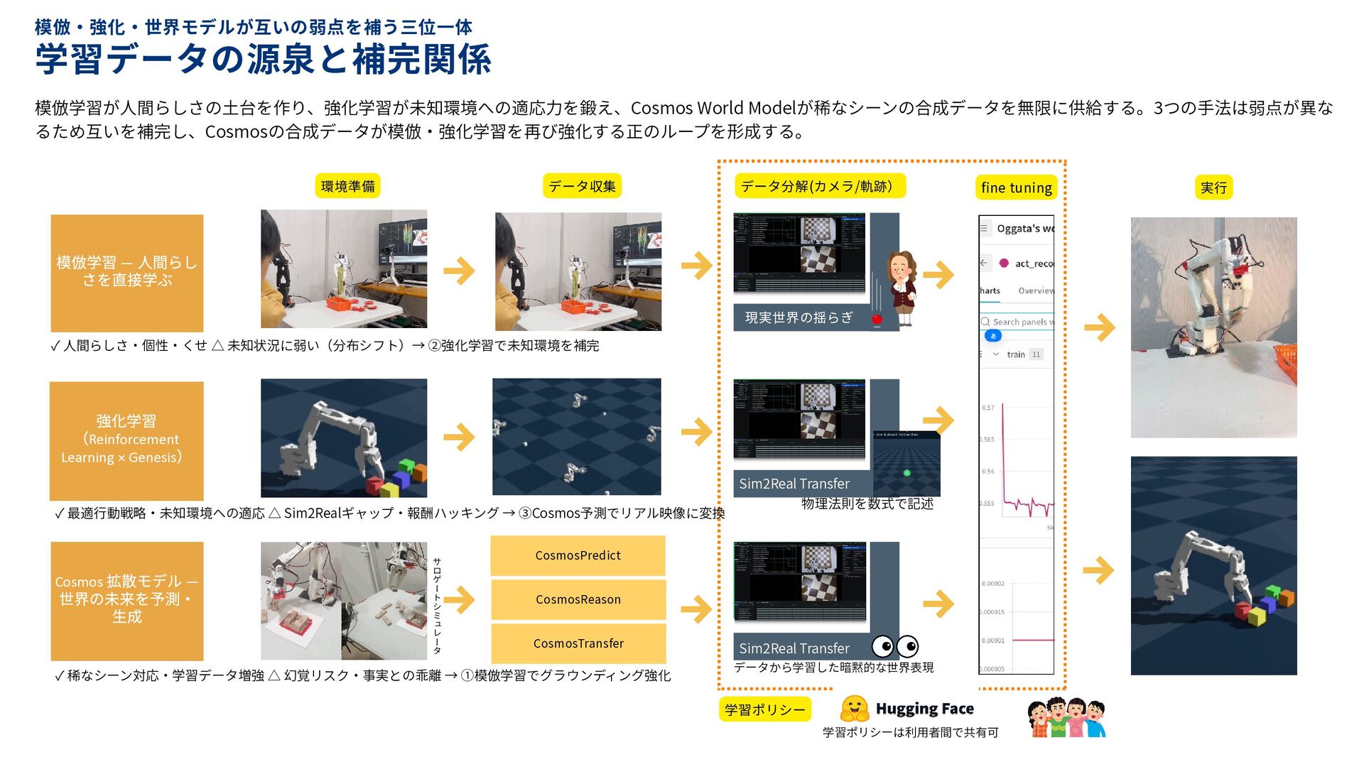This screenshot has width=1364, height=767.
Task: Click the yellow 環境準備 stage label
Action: (347, 186)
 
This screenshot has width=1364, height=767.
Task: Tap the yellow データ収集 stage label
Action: (582, 186)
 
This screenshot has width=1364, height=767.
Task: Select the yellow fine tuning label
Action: (1016, 187)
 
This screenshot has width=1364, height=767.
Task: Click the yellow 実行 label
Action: (1213, 187)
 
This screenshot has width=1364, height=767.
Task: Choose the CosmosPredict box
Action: (578, 555)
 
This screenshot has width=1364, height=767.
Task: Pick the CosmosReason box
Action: (578, 599)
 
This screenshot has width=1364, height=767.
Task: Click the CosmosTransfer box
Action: (578, 643)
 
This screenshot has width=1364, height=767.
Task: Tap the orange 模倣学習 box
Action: (127, 272)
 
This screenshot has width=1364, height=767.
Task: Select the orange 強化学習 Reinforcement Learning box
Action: (126, 440)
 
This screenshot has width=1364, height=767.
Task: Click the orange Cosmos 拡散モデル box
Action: (127, 600)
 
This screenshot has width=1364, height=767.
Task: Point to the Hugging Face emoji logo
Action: (854, 708)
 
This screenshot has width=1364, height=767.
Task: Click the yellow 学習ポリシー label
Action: (764, 709)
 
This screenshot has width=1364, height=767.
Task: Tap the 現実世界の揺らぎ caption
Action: (799, 317)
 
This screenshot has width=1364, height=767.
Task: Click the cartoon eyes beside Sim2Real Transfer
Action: (895, 646)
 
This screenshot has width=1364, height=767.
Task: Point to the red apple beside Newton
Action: (877, 320)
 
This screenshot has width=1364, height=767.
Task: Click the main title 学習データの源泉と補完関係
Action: (263, 60)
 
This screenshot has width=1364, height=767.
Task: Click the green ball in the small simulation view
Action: (906, 473)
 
